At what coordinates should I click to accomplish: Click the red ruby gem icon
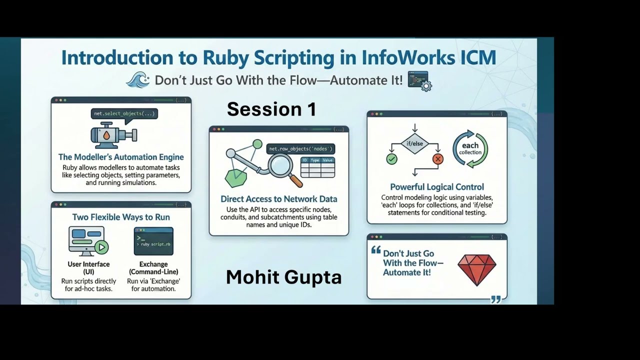pos(477,269)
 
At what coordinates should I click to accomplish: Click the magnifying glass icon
pos(279,165)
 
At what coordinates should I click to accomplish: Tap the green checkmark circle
pos(391,159)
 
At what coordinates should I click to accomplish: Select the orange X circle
pos(438,159)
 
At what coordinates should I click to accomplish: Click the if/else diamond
pos(414,143)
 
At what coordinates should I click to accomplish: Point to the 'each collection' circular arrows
pos(470,149)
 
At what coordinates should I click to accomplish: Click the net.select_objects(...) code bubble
pos(124,114)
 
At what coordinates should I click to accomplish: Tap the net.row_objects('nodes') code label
pos(300,148)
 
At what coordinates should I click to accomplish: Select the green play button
pos(102,246)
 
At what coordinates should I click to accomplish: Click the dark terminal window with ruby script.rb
pos(153,241)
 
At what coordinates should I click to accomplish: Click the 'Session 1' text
pos(271,109)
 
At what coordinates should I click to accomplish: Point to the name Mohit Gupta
pos(283,277)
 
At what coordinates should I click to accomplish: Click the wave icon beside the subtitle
pos(138,80)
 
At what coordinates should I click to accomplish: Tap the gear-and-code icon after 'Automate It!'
pos(419,80)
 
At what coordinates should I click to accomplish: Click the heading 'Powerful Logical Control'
pos(436,187)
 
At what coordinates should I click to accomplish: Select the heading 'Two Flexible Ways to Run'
pos(121,217)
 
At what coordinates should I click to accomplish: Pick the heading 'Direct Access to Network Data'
pos(278,199)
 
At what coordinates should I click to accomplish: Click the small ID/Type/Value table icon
pos(317,167)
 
